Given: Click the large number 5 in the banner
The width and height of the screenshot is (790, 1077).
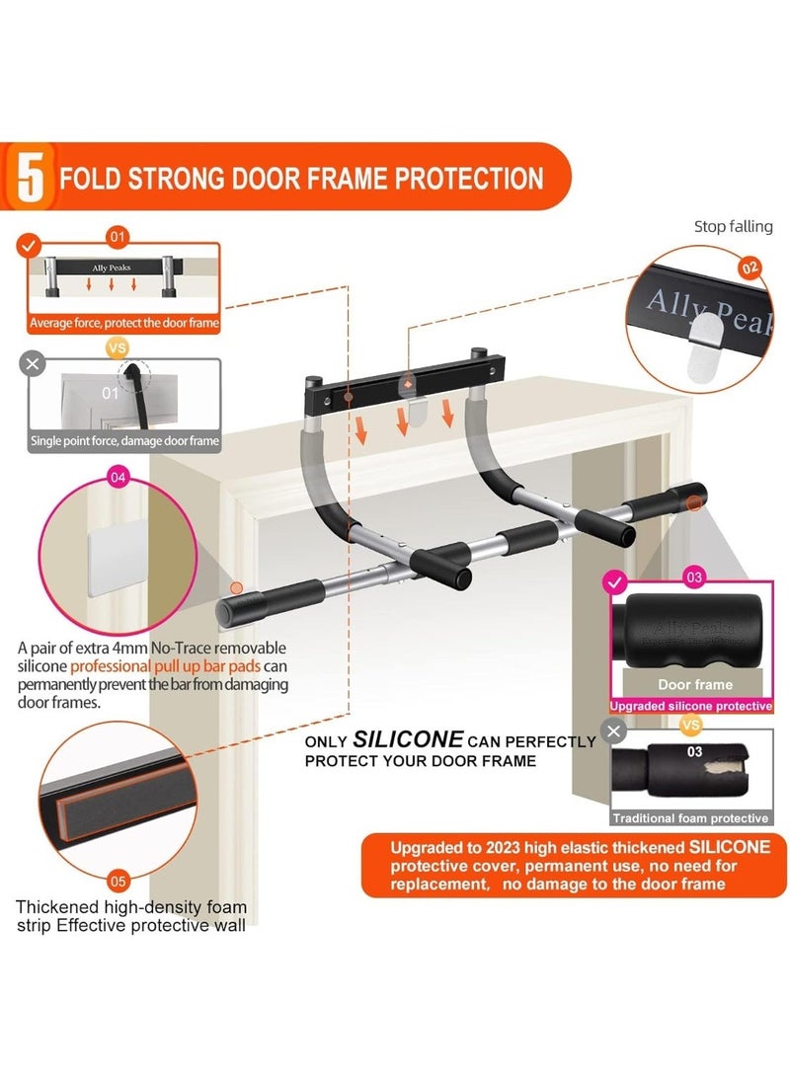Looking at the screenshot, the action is [31, 178].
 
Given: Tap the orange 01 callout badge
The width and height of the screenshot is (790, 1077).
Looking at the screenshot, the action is [118, 237].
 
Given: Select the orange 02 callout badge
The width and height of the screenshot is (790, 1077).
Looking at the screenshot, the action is [750, 268].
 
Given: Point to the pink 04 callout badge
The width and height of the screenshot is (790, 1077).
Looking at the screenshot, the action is [118, 477].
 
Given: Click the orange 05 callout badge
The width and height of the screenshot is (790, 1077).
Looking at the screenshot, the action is [118, 881].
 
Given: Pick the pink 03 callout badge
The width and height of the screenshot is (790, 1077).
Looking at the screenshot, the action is [694, 577].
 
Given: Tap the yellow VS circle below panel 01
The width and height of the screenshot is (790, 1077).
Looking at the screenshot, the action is [118, 347].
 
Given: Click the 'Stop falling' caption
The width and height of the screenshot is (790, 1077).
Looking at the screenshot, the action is [733, 227].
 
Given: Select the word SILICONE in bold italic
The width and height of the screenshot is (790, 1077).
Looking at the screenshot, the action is [408, 739].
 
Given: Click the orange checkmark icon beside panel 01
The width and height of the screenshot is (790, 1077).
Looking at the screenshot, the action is [29, 245].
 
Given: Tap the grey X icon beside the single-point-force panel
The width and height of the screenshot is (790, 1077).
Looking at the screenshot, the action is [33, 363].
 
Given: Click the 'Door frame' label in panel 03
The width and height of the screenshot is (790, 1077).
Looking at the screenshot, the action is [695, 685].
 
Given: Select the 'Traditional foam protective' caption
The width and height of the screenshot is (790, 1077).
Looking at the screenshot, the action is [690, 818].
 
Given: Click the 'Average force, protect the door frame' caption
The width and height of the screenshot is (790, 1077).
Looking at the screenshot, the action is [124, 323].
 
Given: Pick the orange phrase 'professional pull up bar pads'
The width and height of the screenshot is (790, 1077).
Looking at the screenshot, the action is [166, 666].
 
